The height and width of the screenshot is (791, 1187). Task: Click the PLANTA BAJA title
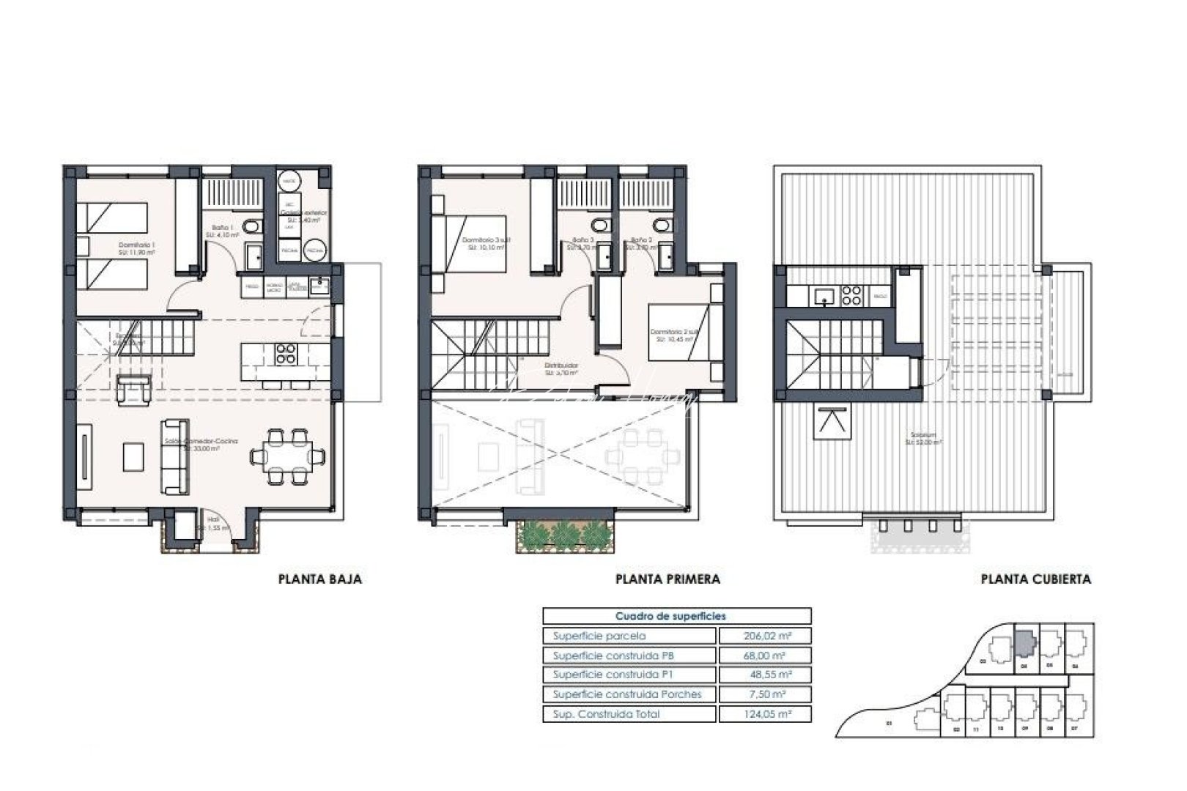pos(320,579)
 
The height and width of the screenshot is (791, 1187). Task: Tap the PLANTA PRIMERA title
pos(668,579)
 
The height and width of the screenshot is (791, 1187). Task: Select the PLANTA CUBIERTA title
pos(1035,579)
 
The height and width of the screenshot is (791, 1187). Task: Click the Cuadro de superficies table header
pos(676,616)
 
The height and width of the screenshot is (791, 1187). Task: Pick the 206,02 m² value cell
pos(765,636)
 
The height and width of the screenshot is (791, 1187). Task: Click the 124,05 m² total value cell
pos(765,713)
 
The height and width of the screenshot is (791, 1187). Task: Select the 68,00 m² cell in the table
pos(765,656)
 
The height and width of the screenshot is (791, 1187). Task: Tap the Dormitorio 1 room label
pos(137,247)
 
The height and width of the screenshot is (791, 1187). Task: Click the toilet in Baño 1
pos(251,228)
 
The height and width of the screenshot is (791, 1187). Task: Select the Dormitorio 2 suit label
pos(672,335)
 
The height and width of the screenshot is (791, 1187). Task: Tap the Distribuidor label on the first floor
pos(563,367)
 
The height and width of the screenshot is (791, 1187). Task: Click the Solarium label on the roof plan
pos(923,439)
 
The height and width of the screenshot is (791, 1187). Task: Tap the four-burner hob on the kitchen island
pos(285,354)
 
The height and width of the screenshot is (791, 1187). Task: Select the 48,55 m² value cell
pos(765,675)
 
